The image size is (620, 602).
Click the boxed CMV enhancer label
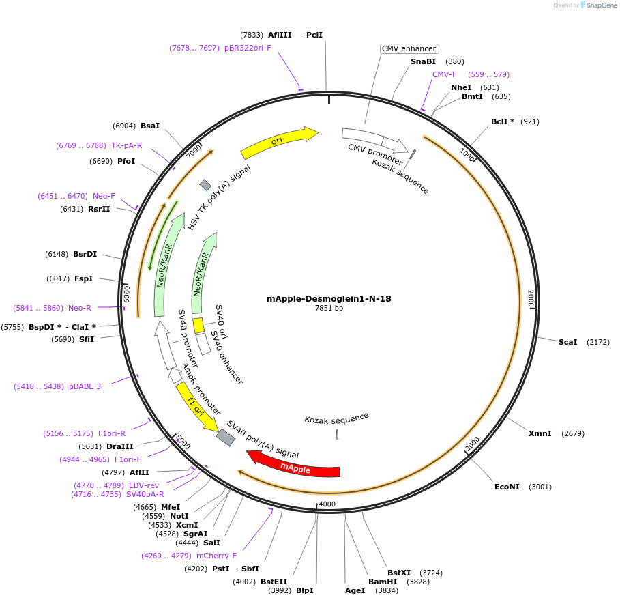point(409,48)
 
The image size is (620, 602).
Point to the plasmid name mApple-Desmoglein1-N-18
point(329,298)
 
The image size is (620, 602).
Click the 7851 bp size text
point(329,309)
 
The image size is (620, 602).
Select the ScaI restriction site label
point(567,341)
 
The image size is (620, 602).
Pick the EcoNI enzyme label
point(507,487)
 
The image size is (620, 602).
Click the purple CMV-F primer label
point(445,74)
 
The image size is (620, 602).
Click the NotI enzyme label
point(179,516)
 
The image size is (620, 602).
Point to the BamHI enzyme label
point(383,582)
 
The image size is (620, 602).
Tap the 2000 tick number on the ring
point(531,298)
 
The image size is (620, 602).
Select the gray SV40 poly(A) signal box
point(225,437)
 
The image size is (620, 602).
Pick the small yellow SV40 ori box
point(198,326)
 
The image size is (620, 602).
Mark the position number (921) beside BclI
point(530,121)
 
